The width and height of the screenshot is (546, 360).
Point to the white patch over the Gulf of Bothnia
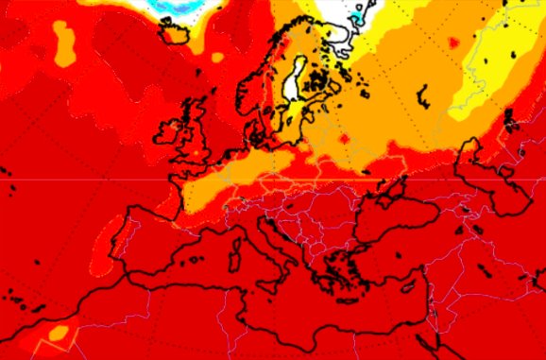tap(297, 79)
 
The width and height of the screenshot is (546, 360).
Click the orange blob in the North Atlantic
tap(63, 43)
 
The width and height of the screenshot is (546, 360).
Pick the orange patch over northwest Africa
tap(59, 333)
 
